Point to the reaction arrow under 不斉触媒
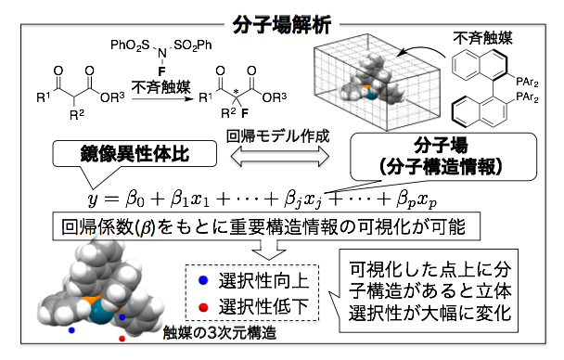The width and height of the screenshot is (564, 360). pos(157,95)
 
